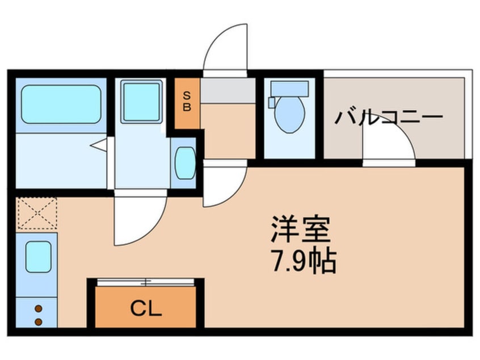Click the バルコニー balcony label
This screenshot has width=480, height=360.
389,118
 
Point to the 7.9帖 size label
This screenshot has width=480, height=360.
304,261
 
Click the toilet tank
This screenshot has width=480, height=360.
289,88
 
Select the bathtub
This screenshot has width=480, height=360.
61,104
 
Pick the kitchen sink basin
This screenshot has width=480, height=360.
39,257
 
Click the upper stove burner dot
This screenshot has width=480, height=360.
39,309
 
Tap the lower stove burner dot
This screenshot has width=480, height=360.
39,322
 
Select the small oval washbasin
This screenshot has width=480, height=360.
185,163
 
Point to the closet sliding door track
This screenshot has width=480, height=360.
146,282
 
